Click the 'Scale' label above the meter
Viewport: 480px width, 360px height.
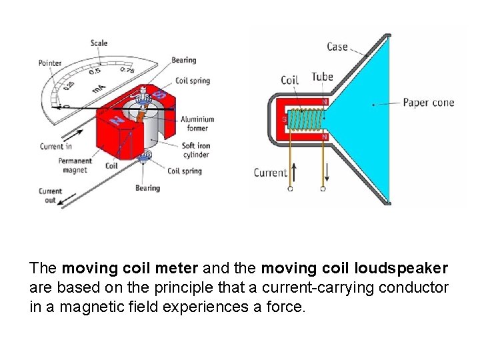pyautogui.click(x=99, y=43)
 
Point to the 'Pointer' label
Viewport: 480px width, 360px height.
pyautogui.click(x=50, y=63)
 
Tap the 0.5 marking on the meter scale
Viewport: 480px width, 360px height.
pyautogui.click(x=96, y=71)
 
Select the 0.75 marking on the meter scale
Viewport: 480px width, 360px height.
pyautogui.click(x=127, y=70)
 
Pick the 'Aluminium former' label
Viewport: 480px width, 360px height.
pyautogui.click(x=197, y=124)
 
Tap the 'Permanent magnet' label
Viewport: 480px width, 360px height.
pyautogui.click(x=75, y=165)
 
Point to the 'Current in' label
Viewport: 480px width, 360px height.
pyautogui.click(x=56, y=146)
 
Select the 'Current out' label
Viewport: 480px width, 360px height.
pyautogui.click(x=50, y=195)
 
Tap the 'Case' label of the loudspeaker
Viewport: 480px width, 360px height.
pyautogui.click(x=337, y=47)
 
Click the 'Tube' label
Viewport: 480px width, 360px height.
pyautogui.click(x=322, y=77)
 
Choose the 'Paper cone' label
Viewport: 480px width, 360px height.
pyautogui.click(x=428, y=103)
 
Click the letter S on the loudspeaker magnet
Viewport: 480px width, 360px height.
pyautogui.click(x=285, y=119)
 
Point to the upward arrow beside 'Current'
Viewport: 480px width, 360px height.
pyautogui.click(x=293, y=172)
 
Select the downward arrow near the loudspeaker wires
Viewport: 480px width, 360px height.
pyautogui.click(x=327, y=172)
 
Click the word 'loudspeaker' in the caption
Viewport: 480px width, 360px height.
pyautogui.click(x=401, y=269)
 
